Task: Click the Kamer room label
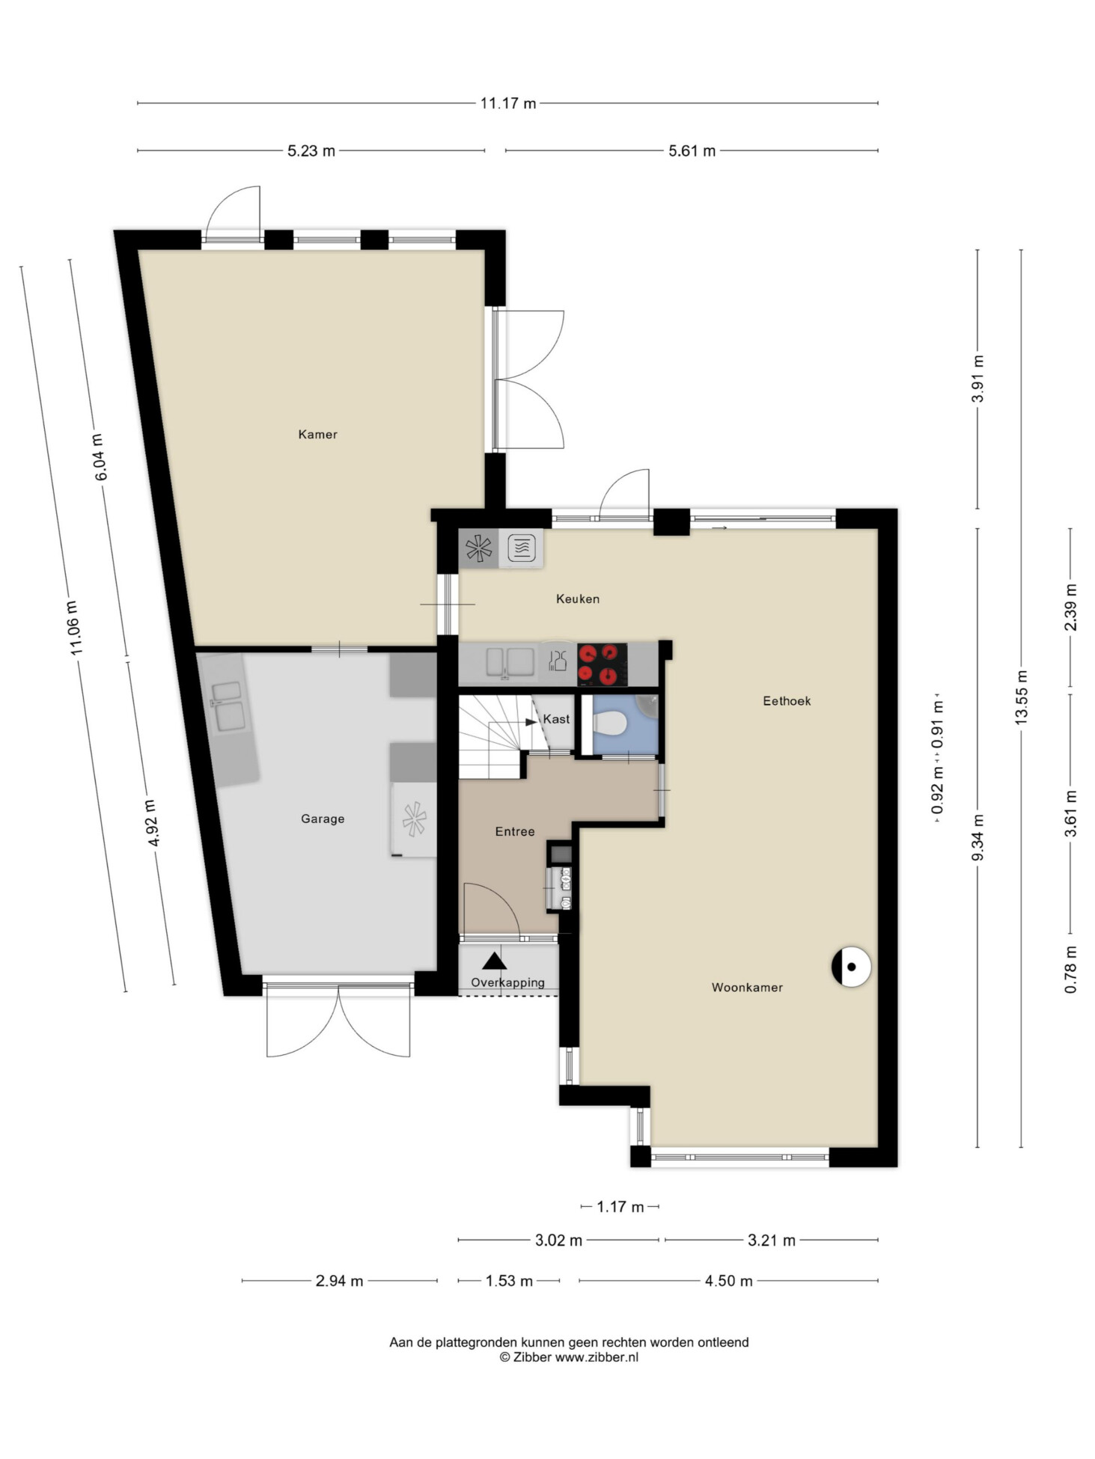317,434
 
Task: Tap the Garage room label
323,819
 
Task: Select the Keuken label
577,599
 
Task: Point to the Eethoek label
787,701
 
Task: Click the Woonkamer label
747,988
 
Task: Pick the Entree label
515,831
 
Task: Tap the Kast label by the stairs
556,719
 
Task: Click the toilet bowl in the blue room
609,724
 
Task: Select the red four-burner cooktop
603,664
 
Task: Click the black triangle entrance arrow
494,961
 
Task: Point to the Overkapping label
507,982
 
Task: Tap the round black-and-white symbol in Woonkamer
851,967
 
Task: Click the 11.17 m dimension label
508,103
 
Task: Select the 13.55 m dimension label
1021,697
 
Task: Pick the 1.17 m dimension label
620,1207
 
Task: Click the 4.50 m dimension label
728,1281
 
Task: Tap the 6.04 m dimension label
100,457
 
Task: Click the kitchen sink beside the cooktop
510,663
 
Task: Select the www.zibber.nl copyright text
597,1357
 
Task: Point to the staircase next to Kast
494,737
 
